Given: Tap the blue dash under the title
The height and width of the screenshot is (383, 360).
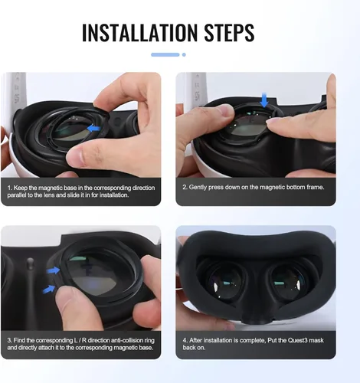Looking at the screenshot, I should click(165, 54).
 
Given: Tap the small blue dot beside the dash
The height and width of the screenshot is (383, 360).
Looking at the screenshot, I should click(183, 54).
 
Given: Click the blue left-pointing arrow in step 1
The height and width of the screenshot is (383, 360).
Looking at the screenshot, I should click(94, 129).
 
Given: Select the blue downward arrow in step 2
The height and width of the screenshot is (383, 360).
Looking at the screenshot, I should click(264, 100).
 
